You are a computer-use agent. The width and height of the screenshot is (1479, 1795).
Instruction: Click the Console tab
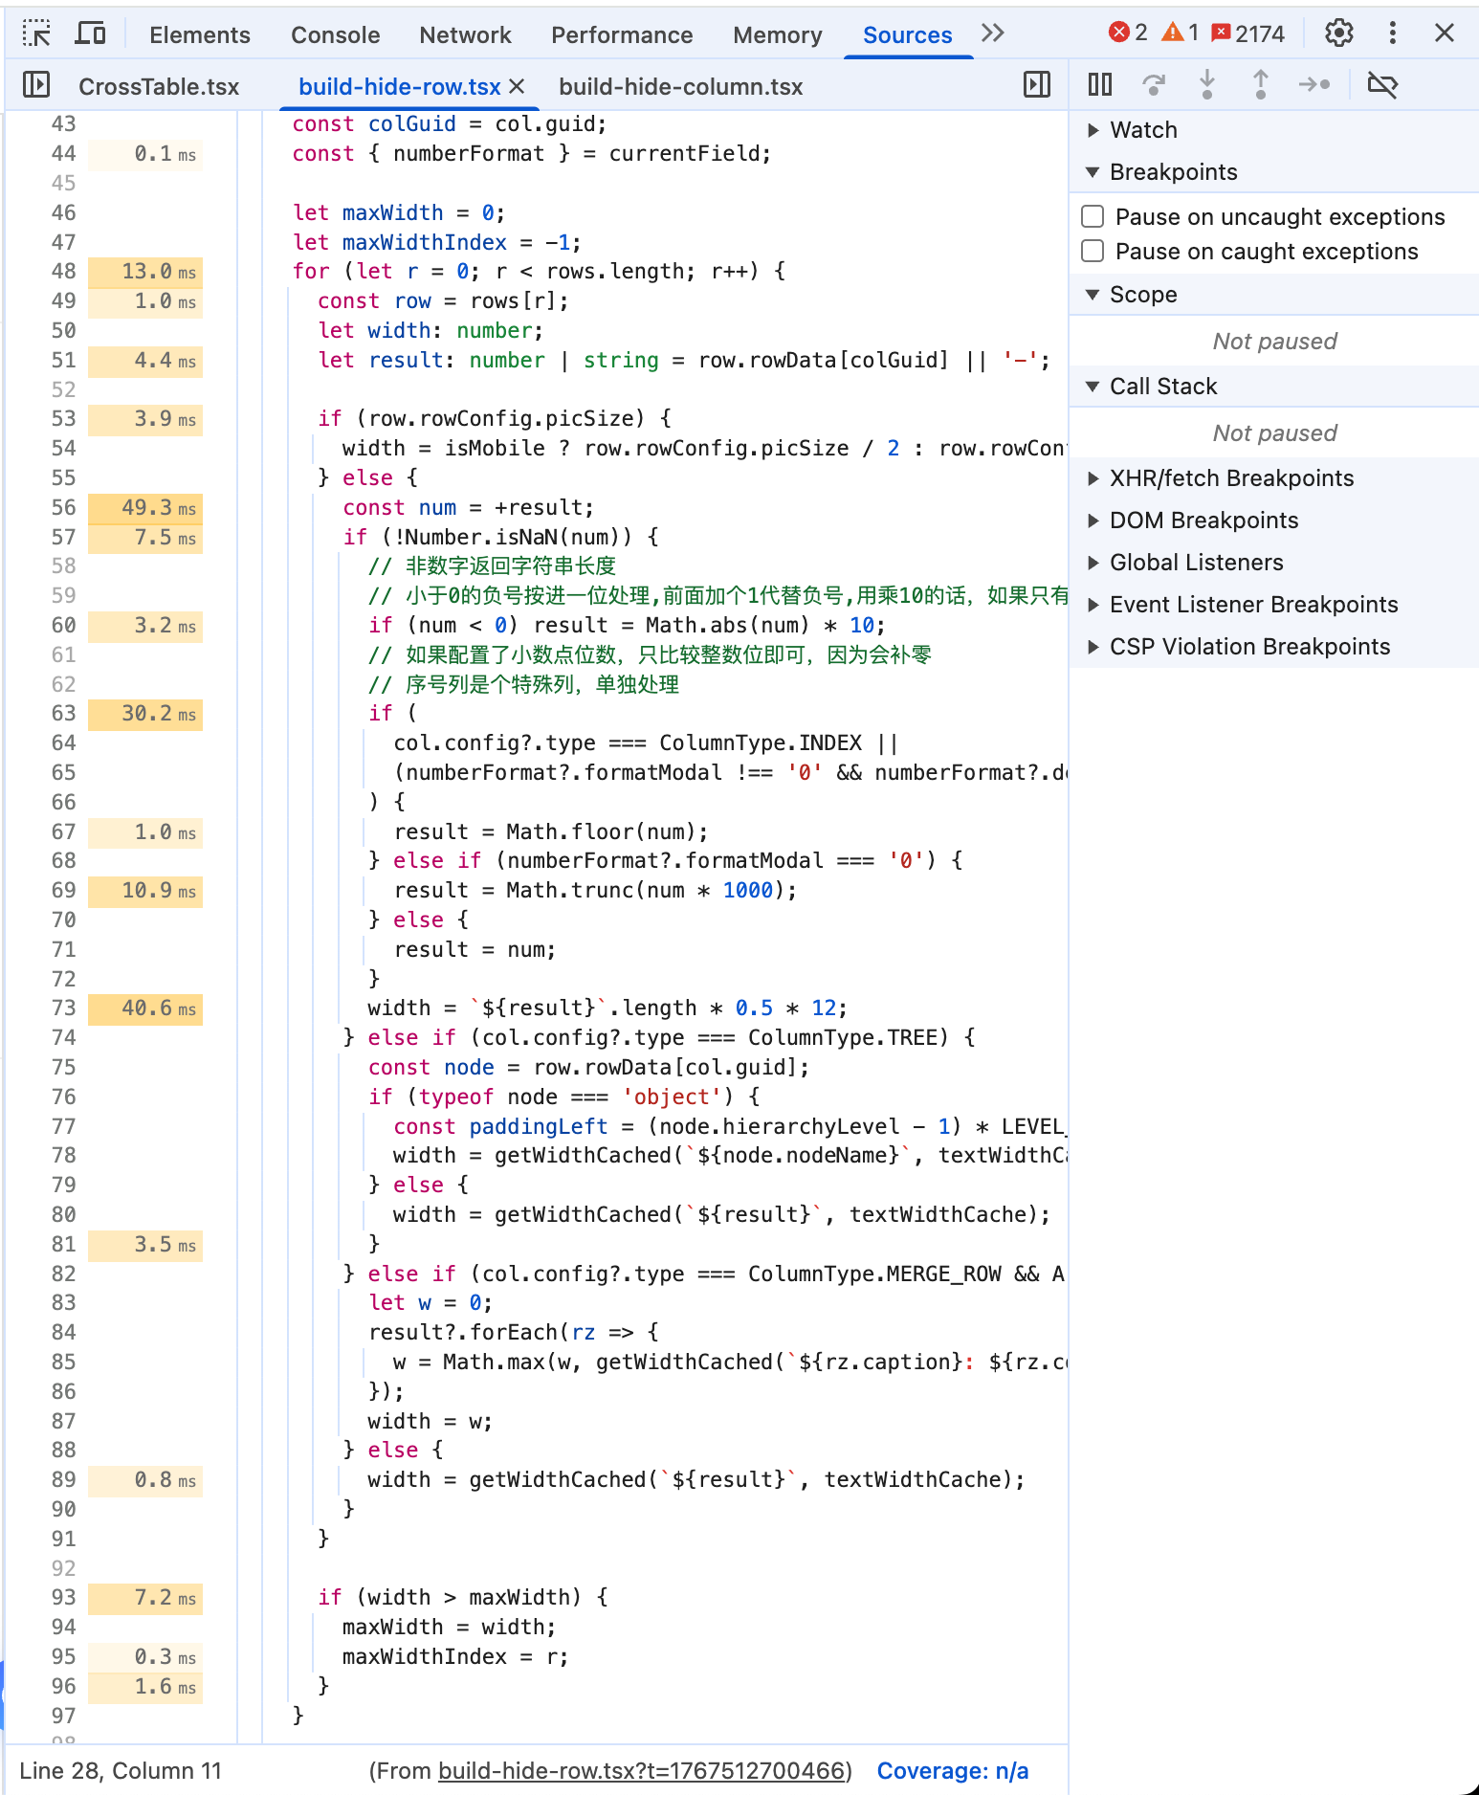click(335, 35)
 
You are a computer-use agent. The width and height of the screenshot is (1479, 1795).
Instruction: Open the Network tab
click(465, 35)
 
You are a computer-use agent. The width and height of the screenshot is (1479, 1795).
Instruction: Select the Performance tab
click(622, 35)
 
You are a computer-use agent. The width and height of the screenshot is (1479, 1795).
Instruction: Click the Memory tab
click(777, 35)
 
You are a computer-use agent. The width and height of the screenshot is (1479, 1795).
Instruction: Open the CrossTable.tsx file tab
click(159, 87)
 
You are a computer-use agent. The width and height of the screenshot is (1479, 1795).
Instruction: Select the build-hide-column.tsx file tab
click(680, 87)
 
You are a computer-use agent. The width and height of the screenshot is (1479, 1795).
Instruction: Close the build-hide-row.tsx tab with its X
click(517, 87)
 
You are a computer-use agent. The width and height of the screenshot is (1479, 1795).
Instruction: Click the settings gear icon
click(1338, 33)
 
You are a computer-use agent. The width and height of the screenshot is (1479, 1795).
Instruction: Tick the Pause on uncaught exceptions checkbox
click(1093, 216)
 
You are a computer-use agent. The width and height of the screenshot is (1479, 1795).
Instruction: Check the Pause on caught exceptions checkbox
click(1093, 251)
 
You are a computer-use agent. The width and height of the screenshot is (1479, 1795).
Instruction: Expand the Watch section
click(1143, 130)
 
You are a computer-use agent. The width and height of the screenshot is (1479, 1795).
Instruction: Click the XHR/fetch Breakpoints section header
click(1231, 478)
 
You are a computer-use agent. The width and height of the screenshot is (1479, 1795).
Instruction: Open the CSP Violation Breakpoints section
click(1249, 647)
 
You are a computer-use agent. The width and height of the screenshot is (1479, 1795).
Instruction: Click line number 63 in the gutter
click(64, 714)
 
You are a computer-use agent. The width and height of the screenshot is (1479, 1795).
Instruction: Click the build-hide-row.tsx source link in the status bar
click(642, 1771)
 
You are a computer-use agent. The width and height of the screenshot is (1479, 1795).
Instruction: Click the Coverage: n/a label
click(953, 1771)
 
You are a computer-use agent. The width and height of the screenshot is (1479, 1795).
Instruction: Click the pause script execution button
click(1100, 85)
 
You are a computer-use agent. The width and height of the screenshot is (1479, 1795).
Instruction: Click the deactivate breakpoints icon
click(1382, 85)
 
